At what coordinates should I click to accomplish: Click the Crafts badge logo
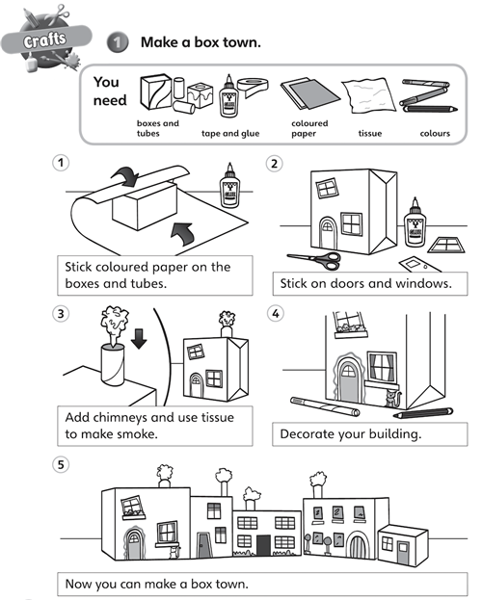point(46,39)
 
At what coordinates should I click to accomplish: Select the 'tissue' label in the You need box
point(370,134)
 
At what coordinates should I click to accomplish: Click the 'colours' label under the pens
point(435,134)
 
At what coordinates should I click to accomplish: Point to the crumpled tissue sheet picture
point(368,95)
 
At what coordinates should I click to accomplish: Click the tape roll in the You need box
point(254,87)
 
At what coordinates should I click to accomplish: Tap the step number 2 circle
point(275,164)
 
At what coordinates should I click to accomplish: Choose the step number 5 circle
point(61,465)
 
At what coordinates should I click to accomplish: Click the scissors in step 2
point(314,260)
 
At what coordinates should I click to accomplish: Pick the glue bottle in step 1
point(229,186)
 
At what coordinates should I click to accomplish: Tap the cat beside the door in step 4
point(391,399)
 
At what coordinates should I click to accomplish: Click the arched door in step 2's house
point(328,233)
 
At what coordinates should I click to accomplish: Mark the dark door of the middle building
point(263,545)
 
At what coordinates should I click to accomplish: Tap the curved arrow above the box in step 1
point(125,176)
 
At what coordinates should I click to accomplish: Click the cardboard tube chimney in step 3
point(113,364)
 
